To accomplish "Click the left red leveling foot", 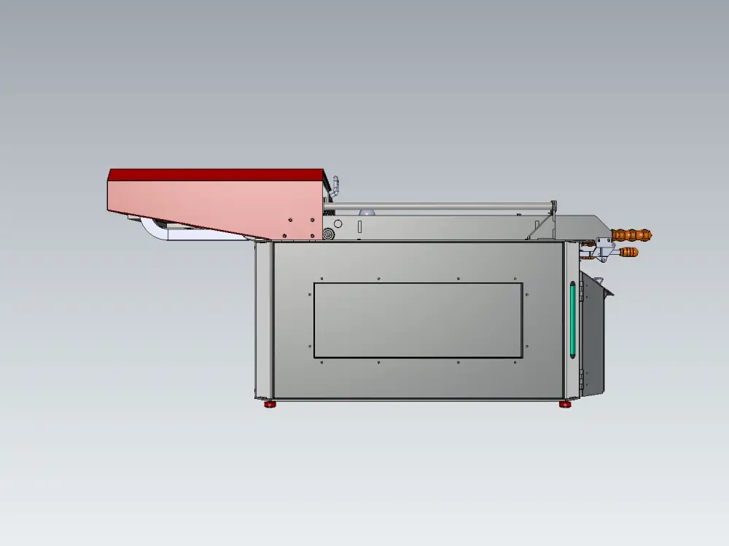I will pos(270,403).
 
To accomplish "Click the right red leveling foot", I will pos(565,403).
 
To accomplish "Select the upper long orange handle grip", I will pos(631,235).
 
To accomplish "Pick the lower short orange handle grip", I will pos(628,253).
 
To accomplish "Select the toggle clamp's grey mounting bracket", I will pos(602,243).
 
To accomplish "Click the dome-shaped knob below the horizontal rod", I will pos(369,212).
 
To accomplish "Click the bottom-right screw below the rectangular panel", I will pos(516,362).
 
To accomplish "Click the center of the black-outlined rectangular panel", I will pos(418,320).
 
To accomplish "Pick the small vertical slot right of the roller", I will pos(360,226).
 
